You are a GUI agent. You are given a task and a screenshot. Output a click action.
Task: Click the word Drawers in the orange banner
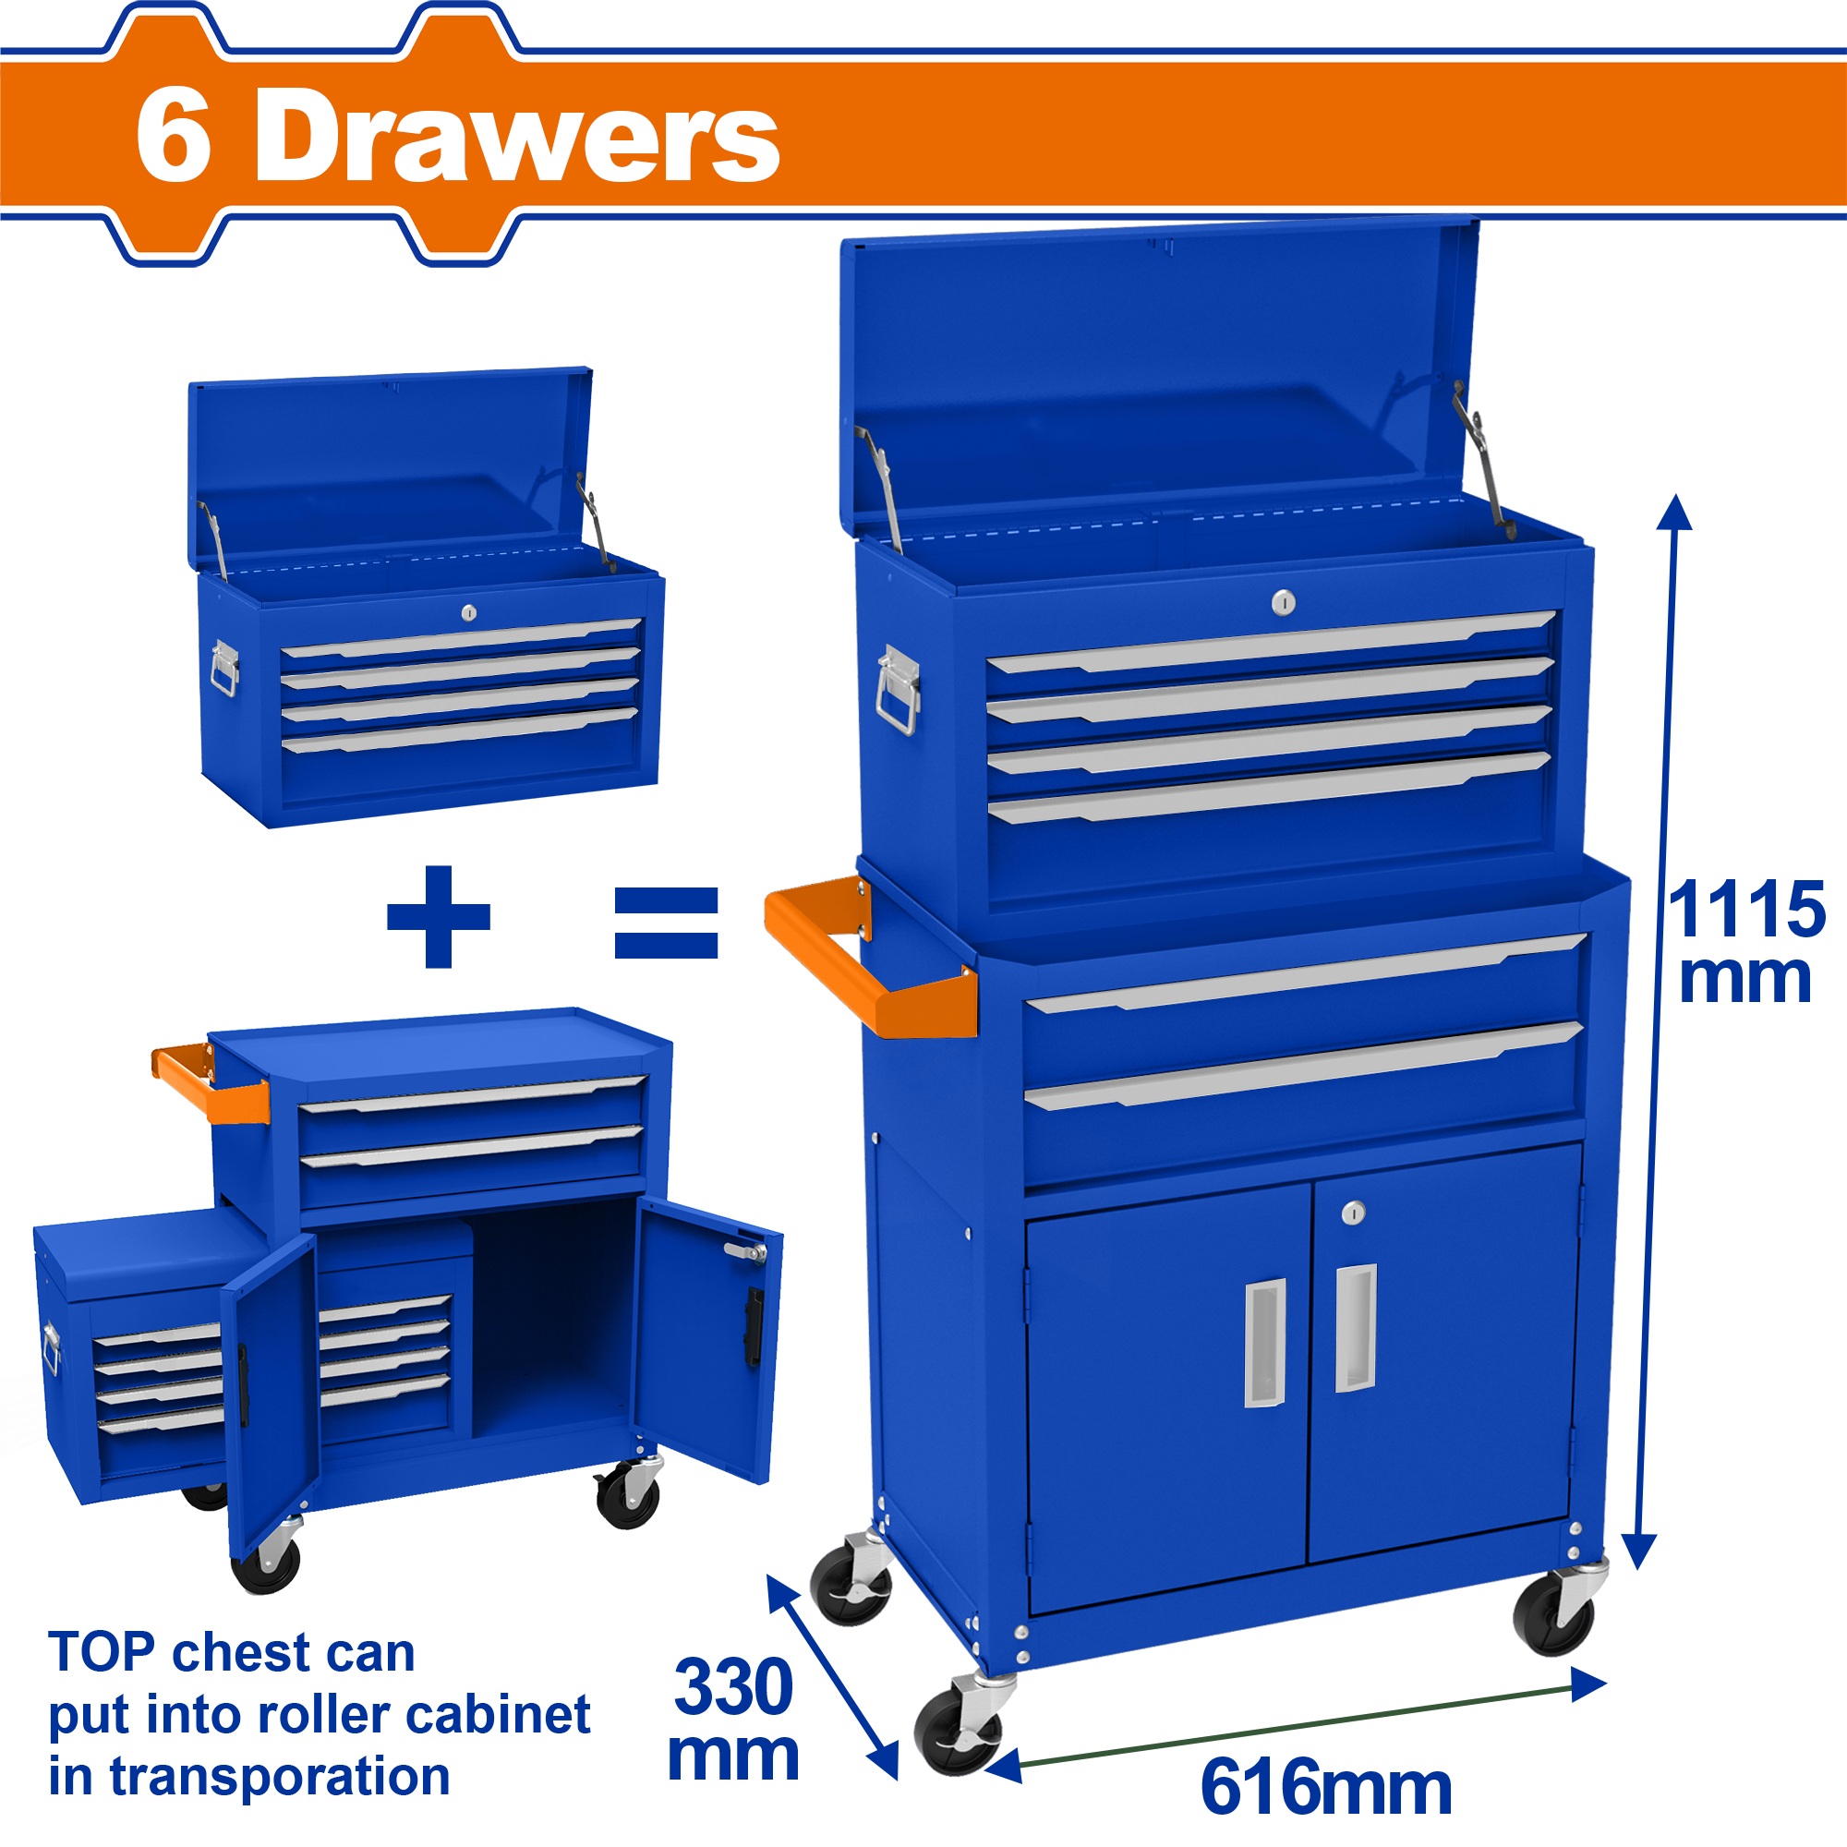517,135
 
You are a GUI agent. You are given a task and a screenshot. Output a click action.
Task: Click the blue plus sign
439,917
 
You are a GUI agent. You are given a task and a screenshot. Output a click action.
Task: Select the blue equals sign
667,923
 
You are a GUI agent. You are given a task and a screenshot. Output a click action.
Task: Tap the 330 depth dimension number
733,1687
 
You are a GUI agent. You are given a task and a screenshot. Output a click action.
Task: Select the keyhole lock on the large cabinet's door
1354,1213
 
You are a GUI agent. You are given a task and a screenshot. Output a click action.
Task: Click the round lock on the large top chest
1284,602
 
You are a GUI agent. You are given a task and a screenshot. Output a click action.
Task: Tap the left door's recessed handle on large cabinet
1265,1342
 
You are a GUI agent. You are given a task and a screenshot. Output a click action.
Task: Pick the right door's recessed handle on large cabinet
1356,1328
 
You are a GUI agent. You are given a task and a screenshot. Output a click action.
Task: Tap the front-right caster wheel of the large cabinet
1556,1612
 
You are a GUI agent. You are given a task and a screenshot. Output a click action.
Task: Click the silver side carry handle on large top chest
899,690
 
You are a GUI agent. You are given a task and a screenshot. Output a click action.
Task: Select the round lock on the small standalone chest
468,613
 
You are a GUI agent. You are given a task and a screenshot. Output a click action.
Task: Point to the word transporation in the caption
280,1777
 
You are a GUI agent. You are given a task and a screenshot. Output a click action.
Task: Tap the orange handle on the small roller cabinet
211,1083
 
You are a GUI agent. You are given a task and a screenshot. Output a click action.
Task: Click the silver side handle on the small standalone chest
224,668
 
